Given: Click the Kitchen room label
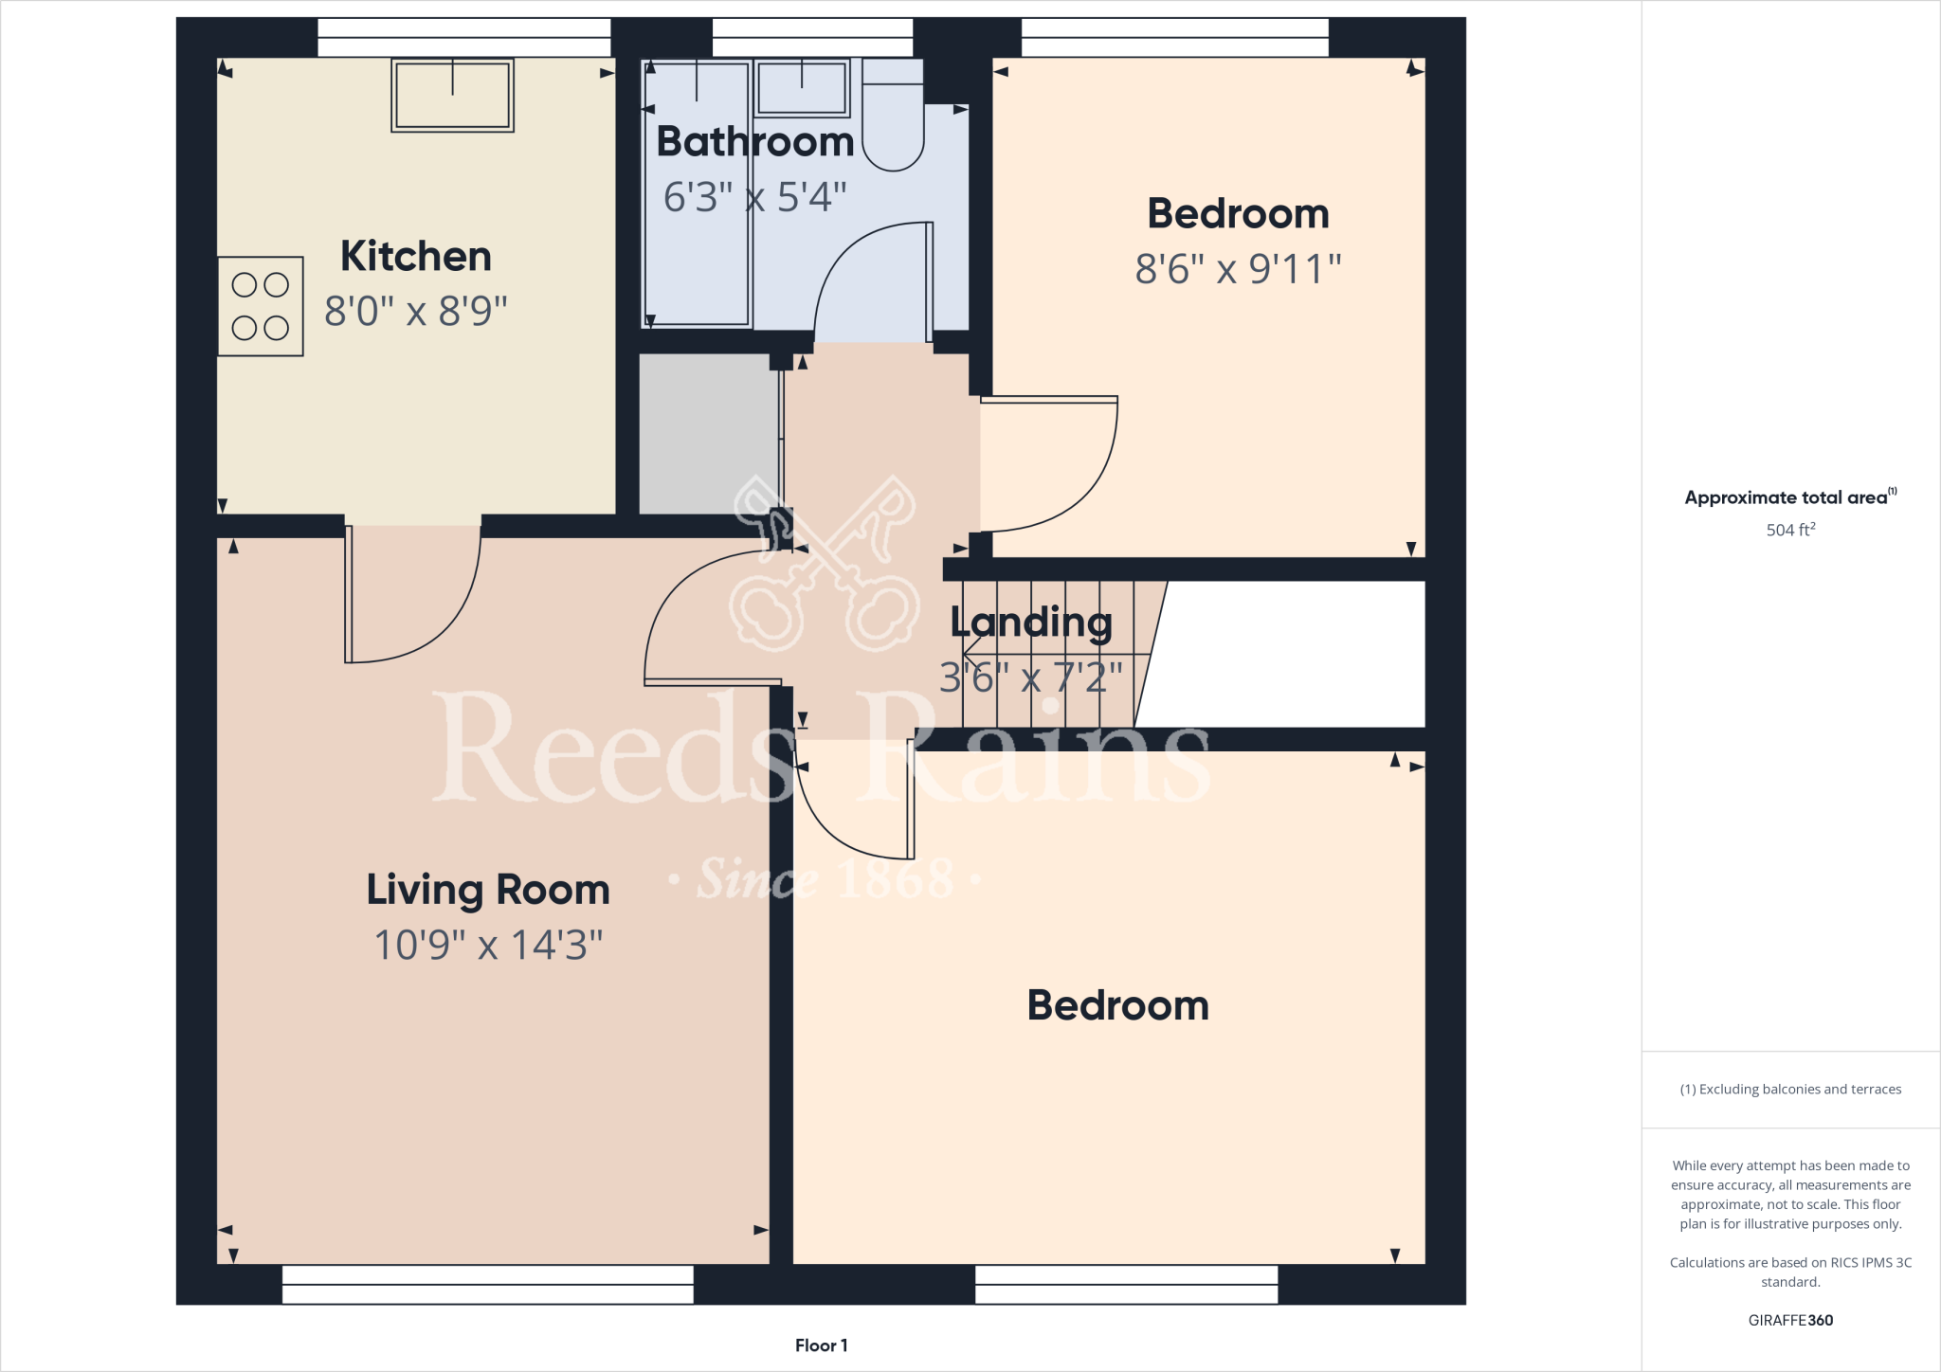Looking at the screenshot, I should coord(415,257).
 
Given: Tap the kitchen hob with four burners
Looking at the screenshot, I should coord(261,306).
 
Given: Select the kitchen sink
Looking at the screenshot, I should coord(452,96).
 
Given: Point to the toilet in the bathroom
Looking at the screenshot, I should coord(893,119).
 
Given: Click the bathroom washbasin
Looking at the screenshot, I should coord(802,88).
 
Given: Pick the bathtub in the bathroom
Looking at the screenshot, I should coord(697,193).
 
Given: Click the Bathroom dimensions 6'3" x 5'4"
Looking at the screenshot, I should coord(754,197).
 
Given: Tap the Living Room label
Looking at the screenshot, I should coord(488,890).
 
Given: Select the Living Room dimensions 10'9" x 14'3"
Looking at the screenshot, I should coord(488,945).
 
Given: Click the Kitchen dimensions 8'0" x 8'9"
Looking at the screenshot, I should coord(415,311).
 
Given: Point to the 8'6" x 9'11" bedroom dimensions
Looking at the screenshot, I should coord(1238,269).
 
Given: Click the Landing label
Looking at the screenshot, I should coord(1031,623).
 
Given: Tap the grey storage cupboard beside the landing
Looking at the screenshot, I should coord(709,434).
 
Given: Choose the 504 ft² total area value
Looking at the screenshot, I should coord(1790,530).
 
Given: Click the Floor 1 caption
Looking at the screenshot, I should coord(821,1345).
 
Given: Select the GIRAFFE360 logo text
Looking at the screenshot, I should coord(1790,1320).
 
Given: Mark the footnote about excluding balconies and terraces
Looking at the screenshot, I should coord(1790,1090).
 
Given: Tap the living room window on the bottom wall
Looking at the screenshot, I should coord(487,1284).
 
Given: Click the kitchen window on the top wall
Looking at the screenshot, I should coord(463,37).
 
